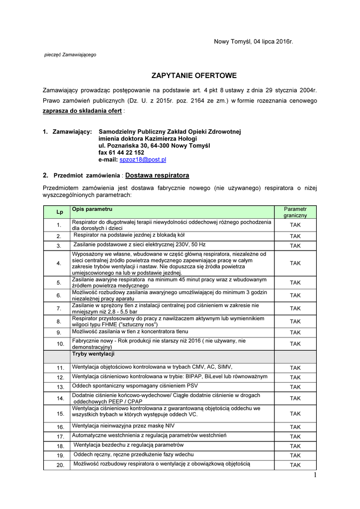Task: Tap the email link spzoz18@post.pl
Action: click(x=143, y=160)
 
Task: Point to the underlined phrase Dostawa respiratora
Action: click(x=157, y=175)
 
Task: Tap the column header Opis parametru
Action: click(x=92, y=209)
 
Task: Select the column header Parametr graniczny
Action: click(x=295, y=212)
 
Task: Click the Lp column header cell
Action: click(x=59, y=212)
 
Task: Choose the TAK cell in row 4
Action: click(x=295, y=263)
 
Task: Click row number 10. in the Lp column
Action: click(x=60, y=344)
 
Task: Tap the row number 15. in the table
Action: click(x=60, y=414)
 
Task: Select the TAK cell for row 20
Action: click(x=295, y=465)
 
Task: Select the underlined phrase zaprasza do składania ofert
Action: click(x=82, y=110)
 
